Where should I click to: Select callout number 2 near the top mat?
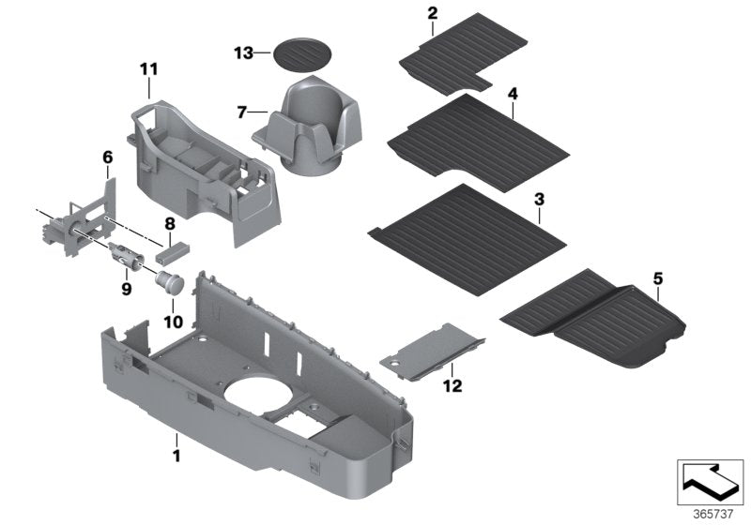point(432,13)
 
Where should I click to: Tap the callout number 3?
point(539,200)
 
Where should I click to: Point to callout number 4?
point(513,95)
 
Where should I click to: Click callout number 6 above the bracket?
point(107,157)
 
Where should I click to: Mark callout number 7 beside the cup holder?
point(241,112)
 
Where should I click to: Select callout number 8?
point(170,224)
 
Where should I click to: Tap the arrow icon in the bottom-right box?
point(711,481)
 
